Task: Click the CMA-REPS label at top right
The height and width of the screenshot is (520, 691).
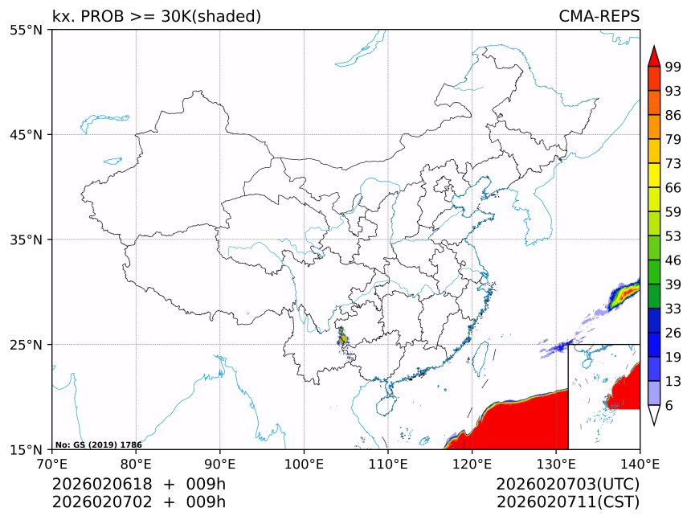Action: coord(599,16)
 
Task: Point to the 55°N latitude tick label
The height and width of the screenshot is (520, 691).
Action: coord(26,30)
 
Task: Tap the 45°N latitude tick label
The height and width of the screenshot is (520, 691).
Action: coord(26,134)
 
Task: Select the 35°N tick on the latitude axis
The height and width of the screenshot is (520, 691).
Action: coord(26,240)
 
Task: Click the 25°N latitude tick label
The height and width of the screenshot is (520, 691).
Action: coord(26,344)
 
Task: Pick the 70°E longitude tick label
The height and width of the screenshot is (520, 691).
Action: coord(52,464)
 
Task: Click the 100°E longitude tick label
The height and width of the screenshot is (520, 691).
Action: coord(304,464)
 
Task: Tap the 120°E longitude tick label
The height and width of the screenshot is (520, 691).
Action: coord(472,464)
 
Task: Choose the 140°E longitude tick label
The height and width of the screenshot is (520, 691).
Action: coord(640,464)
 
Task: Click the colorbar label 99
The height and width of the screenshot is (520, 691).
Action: coord(673,66)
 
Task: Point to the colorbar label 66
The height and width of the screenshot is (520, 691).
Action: coord(673,187)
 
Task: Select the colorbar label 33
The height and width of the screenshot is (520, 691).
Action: coord(673,308)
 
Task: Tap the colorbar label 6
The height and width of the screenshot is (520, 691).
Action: coord(669,405)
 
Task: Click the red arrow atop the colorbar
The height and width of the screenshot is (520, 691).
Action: coord(654,56)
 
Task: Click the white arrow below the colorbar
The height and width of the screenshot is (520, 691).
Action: coord(654,415)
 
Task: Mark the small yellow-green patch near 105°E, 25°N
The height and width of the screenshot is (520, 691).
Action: coord(343,338)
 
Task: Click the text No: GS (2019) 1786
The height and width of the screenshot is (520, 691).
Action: coord(98,444)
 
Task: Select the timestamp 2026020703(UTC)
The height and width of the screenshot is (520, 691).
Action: coord(567,484)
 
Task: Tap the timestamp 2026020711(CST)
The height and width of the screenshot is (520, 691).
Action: coord(567,502)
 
